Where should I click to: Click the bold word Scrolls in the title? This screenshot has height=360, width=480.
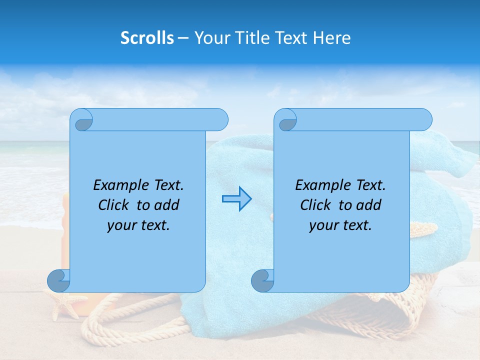(147, 38)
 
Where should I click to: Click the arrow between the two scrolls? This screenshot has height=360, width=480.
(236, 199)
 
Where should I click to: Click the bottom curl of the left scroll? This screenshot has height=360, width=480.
(58, 280)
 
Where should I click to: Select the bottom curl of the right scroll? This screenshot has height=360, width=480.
(262, 280)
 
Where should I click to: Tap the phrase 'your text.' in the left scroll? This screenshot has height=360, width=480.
(138, 225)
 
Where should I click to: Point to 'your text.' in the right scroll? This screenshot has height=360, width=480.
(340, 225)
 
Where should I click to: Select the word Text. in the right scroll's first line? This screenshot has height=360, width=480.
(370, 185)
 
